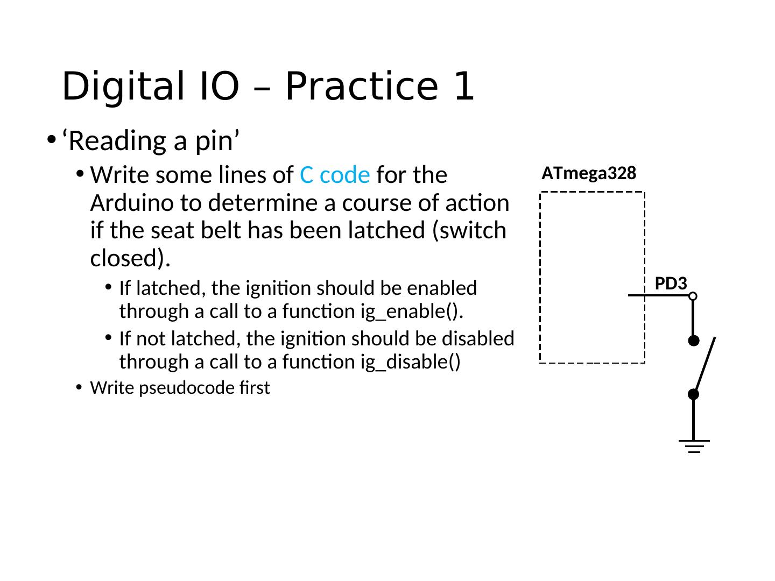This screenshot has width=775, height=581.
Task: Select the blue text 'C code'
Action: pyautogui.click(x=335, y=175)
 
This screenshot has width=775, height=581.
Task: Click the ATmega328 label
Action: pyautogui.click(x=589, y=173)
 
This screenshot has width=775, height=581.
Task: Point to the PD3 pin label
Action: pyautogui.click(x=671, y=284)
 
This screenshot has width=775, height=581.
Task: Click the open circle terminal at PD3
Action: pyautogui.click(x=693, y=296)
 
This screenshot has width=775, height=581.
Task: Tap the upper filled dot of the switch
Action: pyautogui.click(x=694, y=341)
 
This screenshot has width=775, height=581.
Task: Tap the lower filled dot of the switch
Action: pyautogui.click(x=693, y=394)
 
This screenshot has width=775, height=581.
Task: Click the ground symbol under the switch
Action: pyautogui.click(x=694, y=446)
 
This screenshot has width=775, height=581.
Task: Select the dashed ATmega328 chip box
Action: pyautogui.click(x=593, y=277)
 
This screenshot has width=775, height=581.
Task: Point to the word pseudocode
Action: pyautogui.click(x=187, y=388)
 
